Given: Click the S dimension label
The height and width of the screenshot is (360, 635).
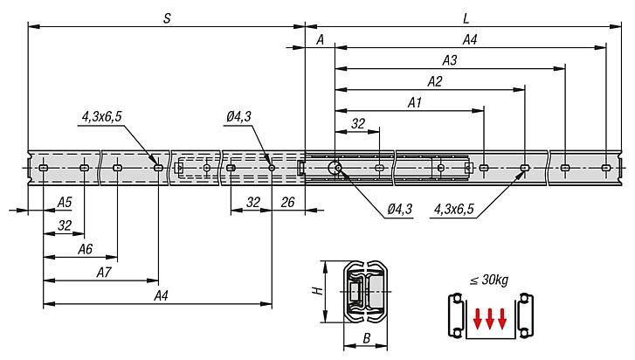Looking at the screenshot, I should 166,17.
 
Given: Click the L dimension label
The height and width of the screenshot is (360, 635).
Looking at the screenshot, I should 464,17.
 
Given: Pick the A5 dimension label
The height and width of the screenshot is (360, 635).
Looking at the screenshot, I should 65,203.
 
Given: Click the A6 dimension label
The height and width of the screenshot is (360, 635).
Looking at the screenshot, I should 85,249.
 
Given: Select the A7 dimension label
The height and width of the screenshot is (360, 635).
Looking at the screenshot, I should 103,273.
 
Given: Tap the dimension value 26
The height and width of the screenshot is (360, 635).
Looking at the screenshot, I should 288,202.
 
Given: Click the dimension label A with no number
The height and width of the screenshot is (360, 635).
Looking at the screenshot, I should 321,39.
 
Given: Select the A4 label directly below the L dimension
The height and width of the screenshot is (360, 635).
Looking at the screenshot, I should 469,39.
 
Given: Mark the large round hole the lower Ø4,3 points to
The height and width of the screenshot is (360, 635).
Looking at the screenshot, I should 335,168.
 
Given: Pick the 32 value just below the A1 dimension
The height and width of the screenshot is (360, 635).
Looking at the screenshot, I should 357,124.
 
